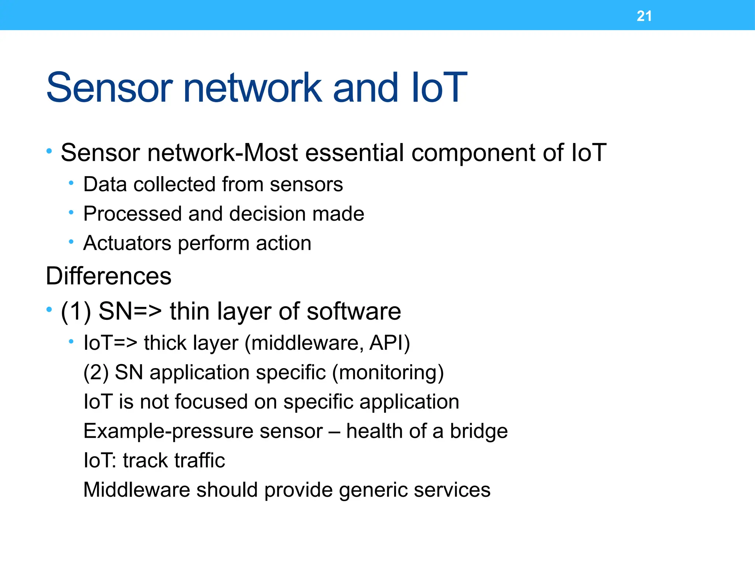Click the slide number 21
644,16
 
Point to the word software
354,311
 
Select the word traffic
199,461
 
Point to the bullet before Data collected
71,183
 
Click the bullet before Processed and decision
71,212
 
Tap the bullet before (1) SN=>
49,310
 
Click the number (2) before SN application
96,372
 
